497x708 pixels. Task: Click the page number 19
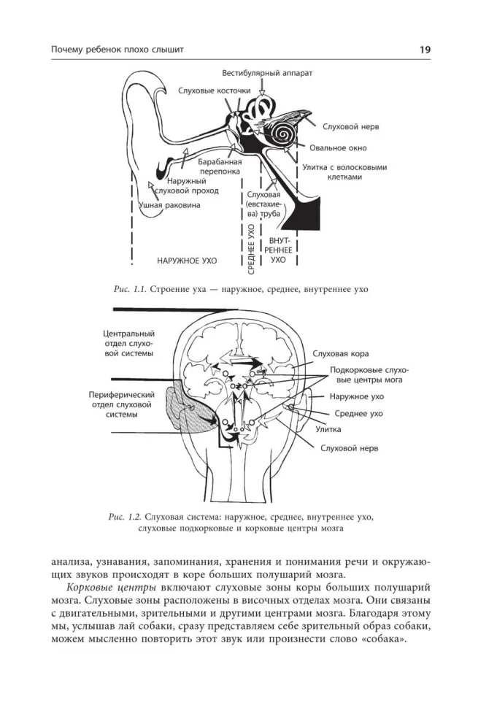(424, 50)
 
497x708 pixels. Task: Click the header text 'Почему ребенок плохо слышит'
(117, 50)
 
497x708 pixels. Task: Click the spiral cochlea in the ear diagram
(282, 132)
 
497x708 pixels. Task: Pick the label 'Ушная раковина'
(169, 206)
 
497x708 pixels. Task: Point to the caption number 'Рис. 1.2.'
(121, 517)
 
